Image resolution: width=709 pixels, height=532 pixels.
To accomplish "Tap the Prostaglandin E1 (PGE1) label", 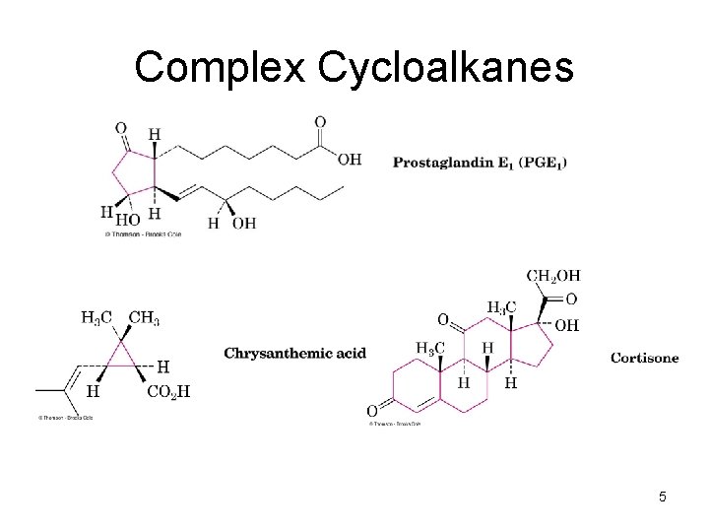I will pos(480,162).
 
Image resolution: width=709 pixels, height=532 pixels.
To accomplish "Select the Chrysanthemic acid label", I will pos(295,353).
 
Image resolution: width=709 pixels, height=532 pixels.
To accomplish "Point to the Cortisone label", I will pos(644,358).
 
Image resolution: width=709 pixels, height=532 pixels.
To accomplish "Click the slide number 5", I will pos(663,497).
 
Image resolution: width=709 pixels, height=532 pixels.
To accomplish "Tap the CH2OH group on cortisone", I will pos(553,275).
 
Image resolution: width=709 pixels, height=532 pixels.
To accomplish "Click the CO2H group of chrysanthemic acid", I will pos(167,391).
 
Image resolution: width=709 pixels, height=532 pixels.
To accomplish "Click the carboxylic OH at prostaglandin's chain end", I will pos(350,160).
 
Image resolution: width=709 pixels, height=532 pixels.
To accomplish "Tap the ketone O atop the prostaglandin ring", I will pos(121,128).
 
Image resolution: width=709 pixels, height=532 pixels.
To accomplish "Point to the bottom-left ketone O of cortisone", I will pos(371,410).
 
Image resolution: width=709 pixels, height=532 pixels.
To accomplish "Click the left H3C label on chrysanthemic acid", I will pos(96,317).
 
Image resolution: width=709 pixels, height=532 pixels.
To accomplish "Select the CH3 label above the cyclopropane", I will pos(145,317).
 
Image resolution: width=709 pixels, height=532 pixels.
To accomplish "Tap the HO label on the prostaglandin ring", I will pos(127,220).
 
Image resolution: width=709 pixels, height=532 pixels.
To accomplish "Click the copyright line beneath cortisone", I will pos(394,424).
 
